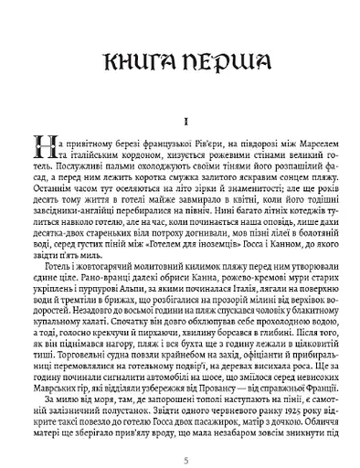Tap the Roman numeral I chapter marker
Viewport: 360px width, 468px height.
180,118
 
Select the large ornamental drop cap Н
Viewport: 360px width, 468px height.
41,147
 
